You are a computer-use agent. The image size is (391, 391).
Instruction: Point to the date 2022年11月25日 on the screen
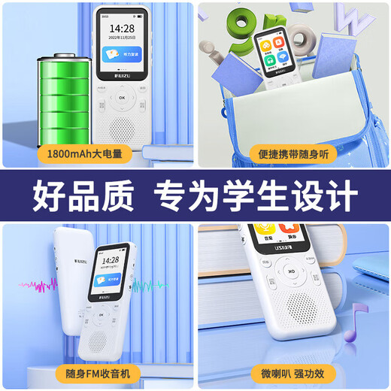coord(121,38)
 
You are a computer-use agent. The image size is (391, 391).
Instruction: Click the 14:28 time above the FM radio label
coord(111,260)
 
